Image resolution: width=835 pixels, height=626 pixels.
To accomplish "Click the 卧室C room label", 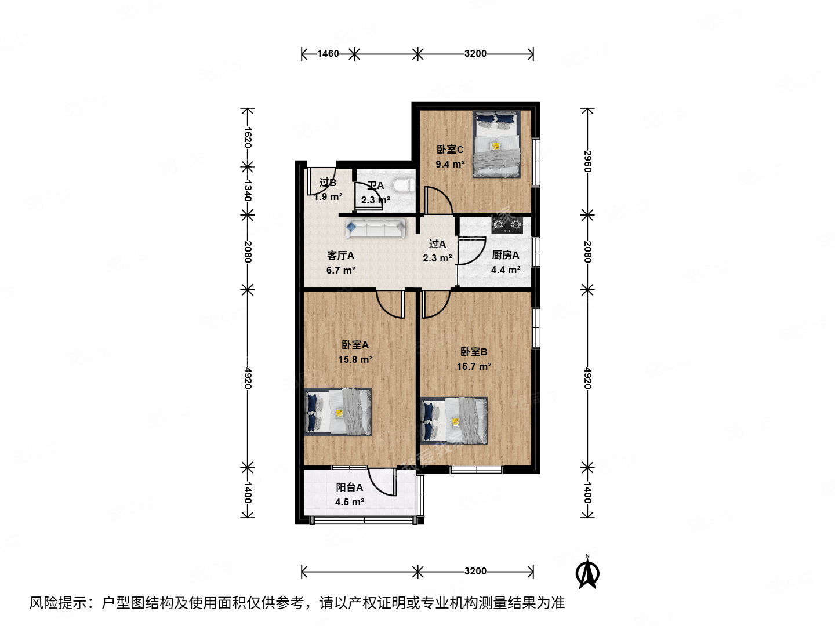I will coord(450,150).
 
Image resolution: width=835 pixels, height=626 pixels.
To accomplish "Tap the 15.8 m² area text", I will coord(355,359).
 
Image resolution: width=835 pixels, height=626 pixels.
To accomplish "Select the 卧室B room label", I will coord(474,352).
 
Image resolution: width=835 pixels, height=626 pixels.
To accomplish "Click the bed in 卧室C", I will coord(496,144).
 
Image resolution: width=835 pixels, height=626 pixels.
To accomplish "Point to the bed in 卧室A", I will coord(338,412).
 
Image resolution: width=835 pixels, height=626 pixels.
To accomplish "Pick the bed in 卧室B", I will coord(454,421).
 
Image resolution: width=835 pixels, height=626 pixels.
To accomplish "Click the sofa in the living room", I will coord(376,228).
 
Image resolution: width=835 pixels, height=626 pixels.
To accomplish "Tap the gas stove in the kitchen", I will coord(507,225).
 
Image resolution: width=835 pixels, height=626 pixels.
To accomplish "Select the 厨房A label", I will coord(506,255).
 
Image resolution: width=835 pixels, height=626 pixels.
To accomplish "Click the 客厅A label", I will coord(340,256).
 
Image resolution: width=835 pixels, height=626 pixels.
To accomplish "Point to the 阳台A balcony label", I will coord(350,488).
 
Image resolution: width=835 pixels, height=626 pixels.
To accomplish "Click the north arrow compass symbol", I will coord(587,573).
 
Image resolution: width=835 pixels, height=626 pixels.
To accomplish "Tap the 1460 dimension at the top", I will coord(328,54).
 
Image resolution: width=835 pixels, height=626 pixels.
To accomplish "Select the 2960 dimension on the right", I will coord(587,162).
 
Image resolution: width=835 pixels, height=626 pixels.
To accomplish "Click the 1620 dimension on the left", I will coord(248,137).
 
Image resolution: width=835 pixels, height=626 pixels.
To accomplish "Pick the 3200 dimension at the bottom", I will coord(475,572).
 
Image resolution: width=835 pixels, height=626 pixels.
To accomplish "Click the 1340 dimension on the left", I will coord(248,190).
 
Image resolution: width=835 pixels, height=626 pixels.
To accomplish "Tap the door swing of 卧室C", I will coord(438,201).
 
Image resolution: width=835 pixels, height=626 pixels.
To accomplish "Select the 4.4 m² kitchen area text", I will coord(506,270).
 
